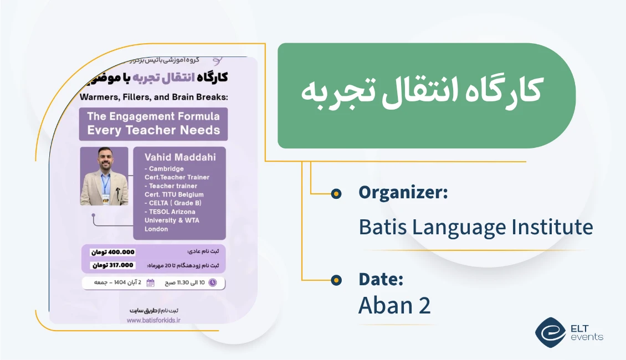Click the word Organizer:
(x=403, y=193)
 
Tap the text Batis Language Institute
(x=475, y=227)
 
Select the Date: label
(x=381, y=280)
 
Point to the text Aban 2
(x=394, y=306)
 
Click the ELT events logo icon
(x=550, y=332)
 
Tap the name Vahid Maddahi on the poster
(x=179, y=157)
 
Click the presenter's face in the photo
(x=104, y=160)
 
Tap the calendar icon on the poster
(x=151, y=283)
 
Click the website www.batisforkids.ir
(x=153, y=320)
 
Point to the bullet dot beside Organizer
(x=336, y=193)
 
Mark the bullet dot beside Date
(x=336, y=280)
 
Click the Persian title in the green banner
(x=422, y=92)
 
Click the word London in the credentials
(x=156, y=229)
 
